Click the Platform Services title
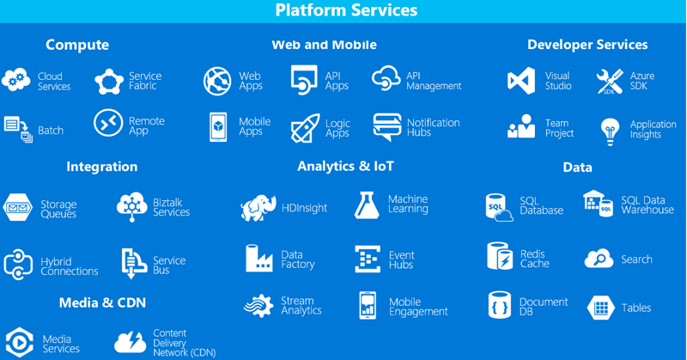pyautogui.click(x=346, y=10)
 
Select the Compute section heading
pyautogui.click(x=77, y=45)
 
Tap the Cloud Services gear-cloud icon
pyautogui.click(x=16, y=81)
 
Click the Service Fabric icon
pyautogui.click(x=109, y=82)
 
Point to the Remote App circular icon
pyautogui.click(x=108, y=124)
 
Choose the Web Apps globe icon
pyautogui.click(x=217, y=81)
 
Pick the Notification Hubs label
pyautogui.click(x=433, y=127)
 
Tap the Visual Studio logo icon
pyautogui.click(x=521, y=81)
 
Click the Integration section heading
pyautogui.click(x=101, y=167)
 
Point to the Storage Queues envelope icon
pyautogui.click(x=18, y=208)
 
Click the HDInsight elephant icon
pyautogui.click(x=258, y=208)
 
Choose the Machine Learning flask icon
pyautogui.click(x=367, y=204)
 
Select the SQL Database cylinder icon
pyautogui.click(x=499, y=206)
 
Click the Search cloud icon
pyautogui.click(x=599, y=259)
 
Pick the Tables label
pyautogui.click(x=636, y=308)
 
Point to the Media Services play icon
pyautogui.click(x=19, y=343)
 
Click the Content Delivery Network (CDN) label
pyautogui.click(x=184, y=342)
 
